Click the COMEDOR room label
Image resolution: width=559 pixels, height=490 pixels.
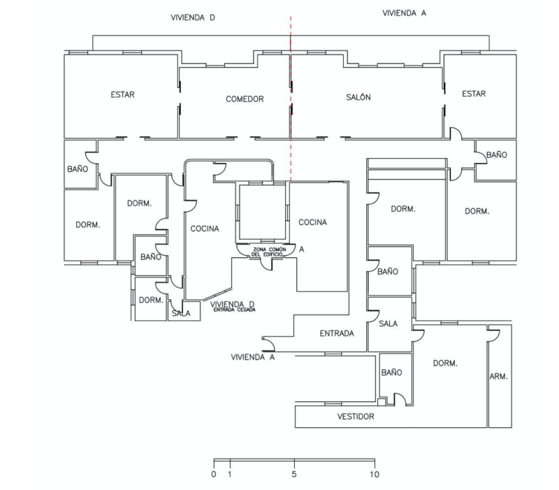pyautogui.click(x=245, y=99)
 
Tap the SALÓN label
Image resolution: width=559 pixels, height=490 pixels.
pyautogui.click(x=358, y=97)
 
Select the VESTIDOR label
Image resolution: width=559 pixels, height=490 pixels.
pyautogui.click(x=356, y=416)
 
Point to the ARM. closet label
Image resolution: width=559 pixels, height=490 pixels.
pyautogui.click(x=498, y=376)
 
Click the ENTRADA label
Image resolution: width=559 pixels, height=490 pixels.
pyautogui.click(x=337, y=333)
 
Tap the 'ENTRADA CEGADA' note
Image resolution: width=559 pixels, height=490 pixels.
pyautogui.click(x=234, y=310)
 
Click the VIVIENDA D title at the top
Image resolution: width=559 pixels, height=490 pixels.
pyautogui.click(x=193, y=17)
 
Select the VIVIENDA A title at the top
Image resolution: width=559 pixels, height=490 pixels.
pyautogui.click(x=405, y=13)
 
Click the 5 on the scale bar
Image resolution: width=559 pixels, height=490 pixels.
pyautogui.click(x=294, y=475)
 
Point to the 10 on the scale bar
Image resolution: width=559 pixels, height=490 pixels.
pyautogui.click(x=375, y=475)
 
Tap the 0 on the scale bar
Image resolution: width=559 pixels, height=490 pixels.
pyautogui.click(x=214, y=475)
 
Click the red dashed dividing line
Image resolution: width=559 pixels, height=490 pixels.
pyautogui.click(x=291, y=99)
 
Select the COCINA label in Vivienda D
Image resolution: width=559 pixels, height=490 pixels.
pyautogui.click(x=205, y=229)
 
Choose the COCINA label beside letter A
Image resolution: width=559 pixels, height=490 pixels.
pyautogui.click(x=312, y=222)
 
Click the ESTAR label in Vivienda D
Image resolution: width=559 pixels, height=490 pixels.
pyautogui.click(x=123, y=94)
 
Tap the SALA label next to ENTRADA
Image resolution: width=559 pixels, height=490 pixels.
pyautogui.click(x=389, y=324)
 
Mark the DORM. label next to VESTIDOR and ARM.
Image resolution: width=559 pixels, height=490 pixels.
pyautogui.click(x=445, y=363)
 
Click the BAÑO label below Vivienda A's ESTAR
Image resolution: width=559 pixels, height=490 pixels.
pyautogui.click(x=497, y=154)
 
